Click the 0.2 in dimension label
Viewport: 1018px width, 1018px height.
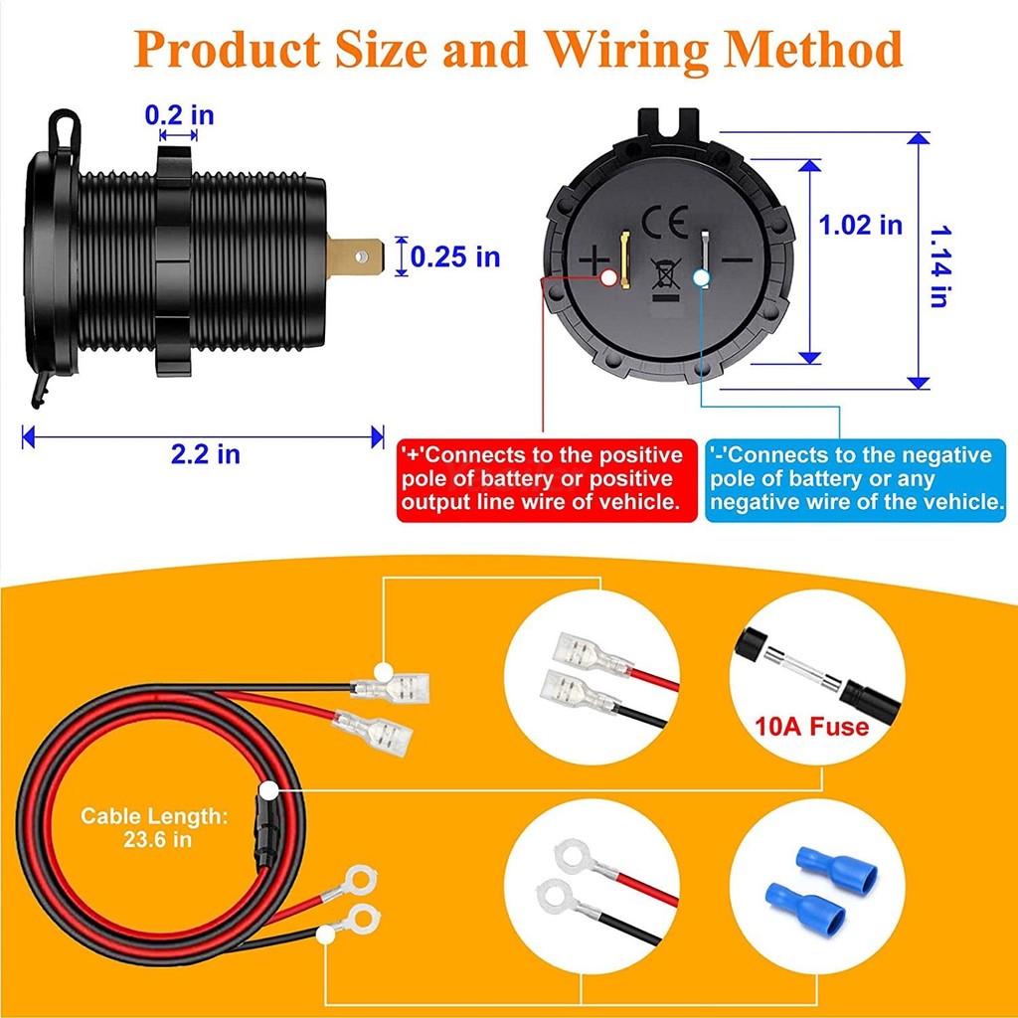click(x=179, y=115)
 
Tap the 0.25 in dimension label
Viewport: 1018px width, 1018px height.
click(x=455, y=257)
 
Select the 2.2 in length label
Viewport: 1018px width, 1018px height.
click(x=205, y=453)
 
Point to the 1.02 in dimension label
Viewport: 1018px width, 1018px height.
click(x=860, y=225)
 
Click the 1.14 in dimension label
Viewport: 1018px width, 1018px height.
click(x=939, y=266)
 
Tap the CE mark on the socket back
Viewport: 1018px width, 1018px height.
click(x=665, y=222)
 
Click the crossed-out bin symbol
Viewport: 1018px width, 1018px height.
click(x=666, y=273)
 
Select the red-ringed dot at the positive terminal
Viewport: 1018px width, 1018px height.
click(x=608, y=278)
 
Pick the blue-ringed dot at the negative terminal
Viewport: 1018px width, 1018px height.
click(x=701, y=278)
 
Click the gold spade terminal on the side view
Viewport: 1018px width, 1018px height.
click(x=355, y=257)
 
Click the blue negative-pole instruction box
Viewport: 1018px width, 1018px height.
click(x=856, y=480)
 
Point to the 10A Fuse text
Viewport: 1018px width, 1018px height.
click(x=811, y=727)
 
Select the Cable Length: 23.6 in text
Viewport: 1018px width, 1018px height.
click(x=154, y=827)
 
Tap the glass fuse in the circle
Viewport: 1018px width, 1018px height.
click(x=802, y=664)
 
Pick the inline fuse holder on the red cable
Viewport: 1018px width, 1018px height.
click(x=264, y=830)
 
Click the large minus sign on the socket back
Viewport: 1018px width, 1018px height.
click(x=738, y=260)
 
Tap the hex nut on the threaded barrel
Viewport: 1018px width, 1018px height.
click(x=173, y=261)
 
